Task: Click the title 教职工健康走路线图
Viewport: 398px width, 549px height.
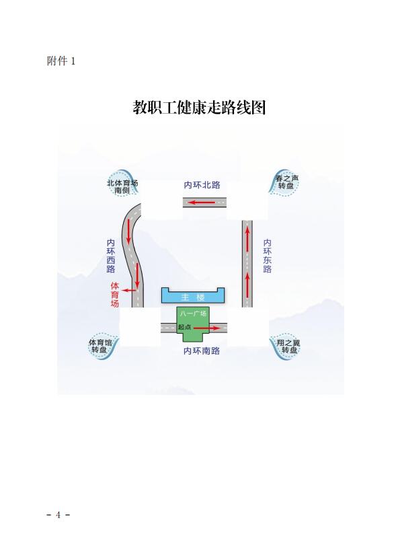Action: tap(199, 107)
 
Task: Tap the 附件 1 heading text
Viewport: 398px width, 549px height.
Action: tap(61, 61)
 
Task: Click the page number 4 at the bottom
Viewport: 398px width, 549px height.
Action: tap(58, 515)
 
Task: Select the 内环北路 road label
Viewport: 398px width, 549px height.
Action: tap(202, 185)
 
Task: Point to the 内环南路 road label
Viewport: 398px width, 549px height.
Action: tap(202, 351)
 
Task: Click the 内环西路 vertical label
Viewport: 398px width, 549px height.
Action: tap(111, 256)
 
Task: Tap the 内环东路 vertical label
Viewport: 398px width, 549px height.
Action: tap(267, 256)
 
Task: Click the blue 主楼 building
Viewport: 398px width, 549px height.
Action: tap(193, 296)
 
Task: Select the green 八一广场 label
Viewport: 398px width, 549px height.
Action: tap(193, 314)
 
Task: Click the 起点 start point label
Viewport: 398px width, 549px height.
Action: tap(184, 327)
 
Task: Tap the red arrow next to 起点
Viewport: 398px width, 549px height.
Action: tap(207, 328)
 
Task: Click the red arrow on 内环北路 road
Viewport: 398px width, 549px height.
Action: tap(202, 203)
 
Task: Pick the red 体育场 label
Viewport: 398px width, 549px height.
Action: tap(115, 295)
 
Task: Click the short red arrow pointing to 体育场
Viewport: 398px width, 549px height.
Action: tap(129, 290)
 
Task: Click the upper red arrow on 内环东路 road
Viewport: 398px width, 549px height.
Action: tap(247, 239)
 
